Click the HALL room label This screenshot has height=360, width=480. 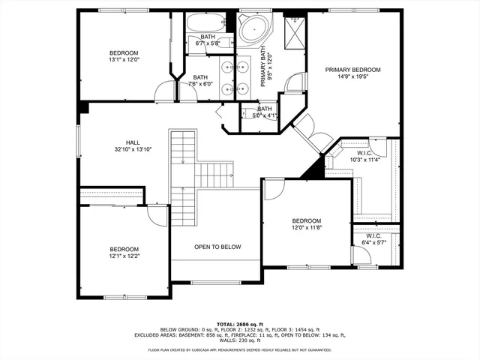coord(133,142)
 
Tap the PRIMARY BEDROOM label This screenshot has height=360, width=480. coord(352,70)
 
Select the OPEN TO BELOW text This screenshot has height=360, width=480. coord(217,247)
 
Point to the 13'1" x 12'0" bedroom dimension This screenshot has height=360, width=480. coord(124,60)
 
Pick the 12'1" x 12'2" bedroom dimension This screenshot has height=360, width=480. coord(124,256)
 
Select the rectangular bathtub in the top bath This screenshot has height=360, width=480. coord(202,22)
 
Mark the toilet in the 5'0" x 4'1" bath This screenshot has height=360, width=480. coord(247,115)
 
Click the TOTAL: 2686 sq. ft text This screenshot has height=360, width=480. coord(239,323)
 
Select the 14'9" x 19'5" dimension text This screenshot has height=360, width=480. coord(352,77)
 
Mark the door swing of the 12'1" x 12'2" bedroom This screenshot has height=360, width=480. coord(157,215)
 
